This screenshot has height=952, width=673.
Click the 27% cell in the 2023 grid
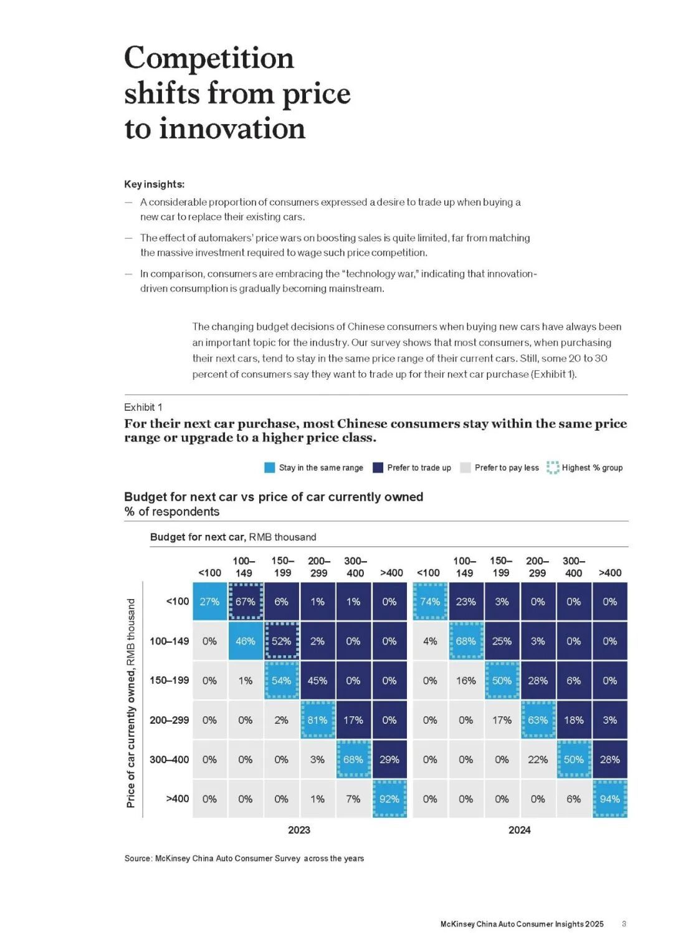click(209, 602)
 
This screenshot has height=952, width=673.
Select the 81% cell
click(317, 720)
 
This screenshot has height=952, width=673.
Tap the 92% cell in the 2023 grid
click(389, 799)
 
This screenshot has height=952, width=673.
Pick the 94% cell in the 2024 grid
click(609, 799)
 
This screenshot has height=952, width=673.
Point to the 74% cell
click(430, 602)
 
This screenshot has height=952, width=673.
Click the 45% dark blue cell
click(317, 681)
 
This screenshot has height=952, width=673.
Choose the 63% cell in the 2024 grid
click(538, 720)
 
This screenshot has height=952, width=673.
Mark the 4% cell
click(430, 641)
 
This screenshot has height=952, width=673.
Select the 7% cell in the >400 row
click(353, 799)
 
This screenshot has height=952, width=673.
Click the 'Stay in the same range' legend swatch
click(270, 468)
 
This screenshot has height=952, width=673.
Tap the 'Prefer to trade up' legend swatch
click(378, 468)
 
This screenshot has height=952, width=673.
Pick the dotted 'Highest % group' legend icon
click(553, 468)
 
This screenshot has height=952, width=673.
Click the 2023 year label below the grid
click(299, 830)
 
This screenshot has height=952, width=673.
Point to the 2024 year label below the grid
click(519, 830)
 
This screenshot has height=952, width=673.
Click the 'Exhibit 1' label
click(143, 407)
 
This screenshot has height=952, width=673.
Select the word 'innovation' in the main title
click(232, 129)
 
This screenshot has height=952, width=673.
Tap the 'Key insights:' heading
click(155, 185)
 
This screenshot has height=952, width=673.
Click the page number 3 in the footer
click(624, 924)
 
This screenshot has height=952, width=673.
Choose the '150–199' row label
click(169, 680)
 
